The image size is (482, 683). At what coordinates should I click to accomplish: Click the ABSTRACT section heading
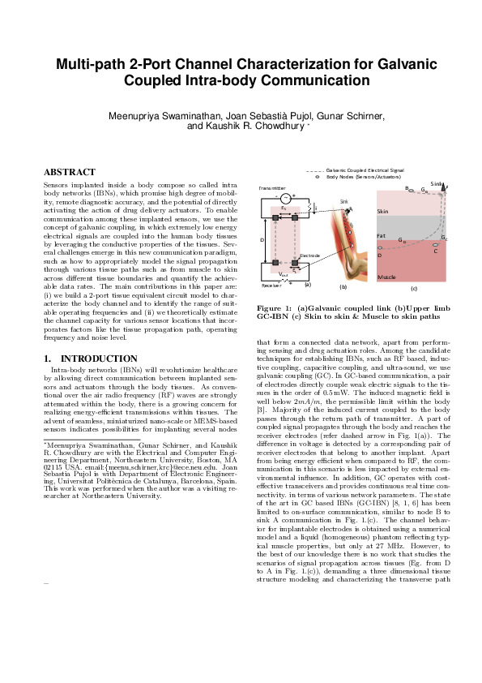[x=69, y=172]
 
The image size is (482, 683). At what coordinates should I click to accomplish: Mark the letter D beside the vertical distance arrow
[x=262, y=241]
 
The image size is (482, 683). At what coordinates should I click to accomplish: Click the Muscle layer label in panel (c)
[x=386, y=277]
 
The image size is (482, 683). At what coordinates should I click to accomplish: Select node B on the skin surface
[x=407, y=188]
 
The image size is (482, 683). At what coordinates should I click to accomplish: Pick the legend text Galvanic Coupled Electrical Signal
[x=366, y=170]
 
